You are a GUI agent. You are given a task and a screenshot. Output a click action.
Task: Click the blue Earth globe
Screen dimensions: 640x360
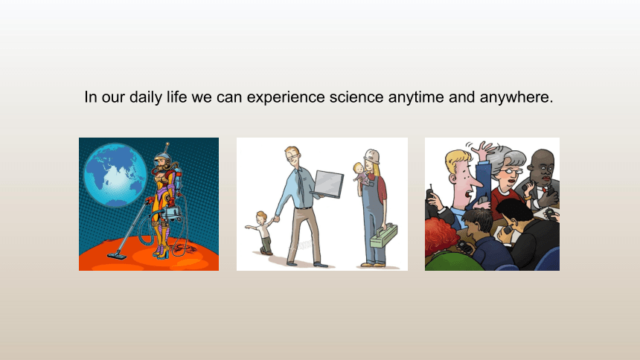pyautogui.click(x=115, y=175)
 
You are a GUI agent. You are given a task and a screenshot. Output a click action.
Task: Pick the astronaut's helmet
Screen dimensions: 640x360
pyautogui.click(x=162, y=160)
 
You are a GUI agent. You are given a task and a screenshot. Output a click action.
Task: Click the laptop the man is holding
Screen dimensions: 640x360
pyautogui.click(x=327, y=184)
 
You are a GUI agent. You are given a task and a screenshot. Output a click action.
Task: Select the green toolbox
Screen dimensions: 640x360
pyautogui.click(x=384, y=236)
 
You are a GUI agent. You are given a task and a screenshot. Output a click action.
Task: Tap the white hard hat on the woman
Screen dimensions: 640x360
pyautogui.click(x=372, y=156)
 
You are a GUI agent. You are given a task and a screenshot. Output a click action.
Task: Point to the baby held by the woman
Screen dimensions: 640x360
pyautogui.click(x=361, y=174)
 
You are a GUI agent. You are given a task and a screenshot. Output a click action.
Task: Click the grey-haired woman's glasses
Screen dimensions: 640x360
pyautogui.click(x=510, y=171)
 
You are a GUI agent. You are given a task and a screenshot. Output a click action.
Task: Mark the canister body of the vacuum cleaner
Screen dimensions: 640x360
pyautogui.click(x=172, y=213)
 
